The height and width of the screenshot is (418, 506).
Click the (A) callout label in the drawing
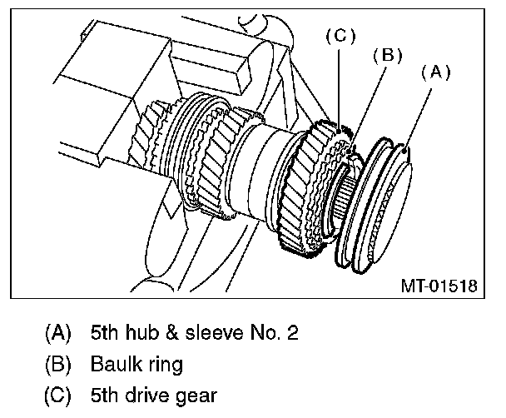pos(434,72)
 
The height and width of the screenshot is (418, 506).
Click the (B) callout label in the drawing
pos(387,55)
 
